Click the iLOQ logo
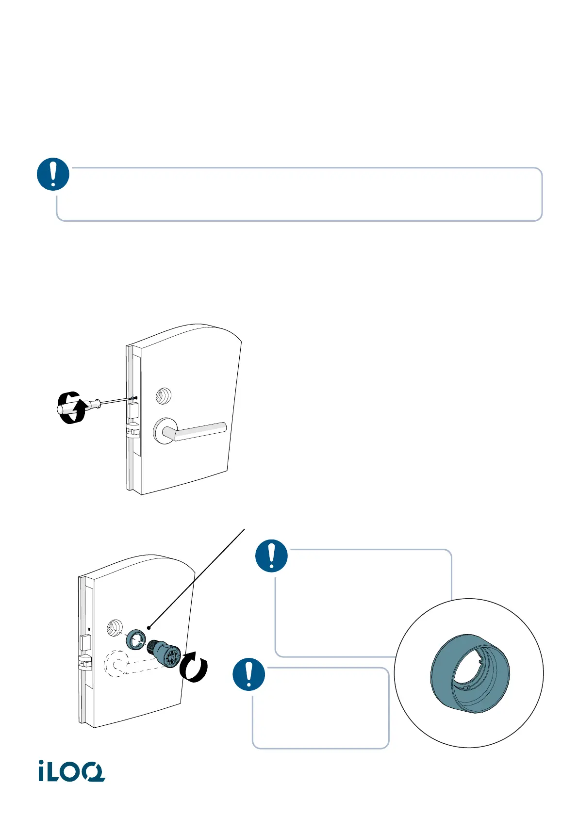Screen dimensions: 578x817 click(x=72, y=771)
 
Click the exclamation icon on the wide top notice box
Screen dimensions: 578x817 click(x=53, y=174)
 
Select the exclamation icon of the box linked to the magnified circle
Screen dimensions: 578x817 click(x=271, y=556)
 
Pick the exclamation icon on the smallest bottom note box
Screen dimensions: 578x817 click(x=249, y=674)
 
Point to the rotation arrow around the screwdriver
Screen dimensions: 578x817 click(x=70, y=408)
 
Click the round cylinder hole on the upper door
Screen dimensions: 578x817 click(x=163, y=396)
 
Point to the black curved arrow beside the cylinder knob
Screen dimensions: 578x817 click(x=194, y=668)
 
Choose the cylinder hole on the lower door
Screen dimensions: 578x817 click(x=115, y=628)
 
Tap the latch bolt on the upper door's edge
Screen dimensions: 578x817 click(x=132, y=431)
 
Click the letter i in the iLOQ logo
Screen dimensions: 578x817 click(x=43, y=771)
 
